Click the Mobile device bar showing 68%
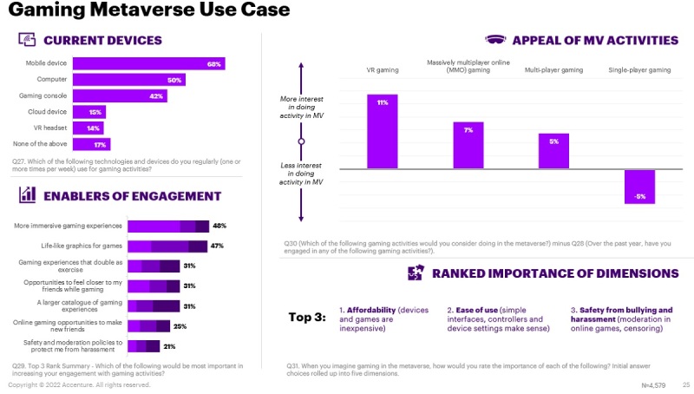coord(148,63)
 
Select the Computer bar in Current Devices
coord(129,80)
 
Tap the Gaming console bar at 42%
coord(120,95)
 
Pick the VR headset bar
coord(88,128)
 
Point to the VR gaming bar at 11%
coord(383,131)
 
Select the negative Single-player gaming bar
coord(639,186)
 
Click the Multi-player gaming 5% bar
coord(553,151)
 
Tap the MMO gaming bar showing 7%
coord(468,145)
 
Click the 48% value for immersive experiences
coord(219,227)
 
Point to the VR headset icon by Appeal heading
coord(496,40)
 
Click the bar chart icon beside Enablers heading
coord(27,195)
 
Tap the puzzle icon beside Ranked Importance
coord(416,273)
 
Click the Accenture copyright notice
coord(79,384)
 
